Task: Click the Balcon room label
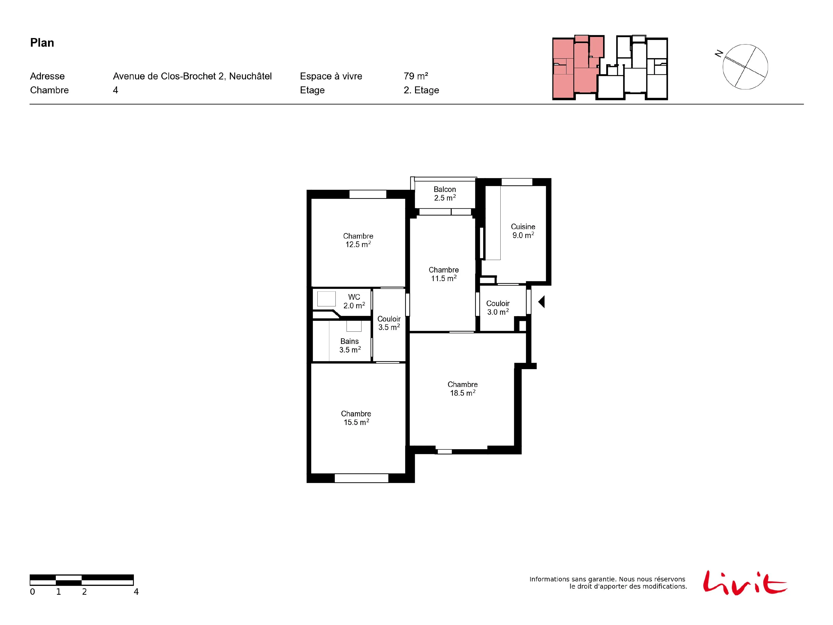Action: click(x=445, y=194)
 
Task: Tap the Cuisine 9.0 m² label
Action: click(x=523, y=231)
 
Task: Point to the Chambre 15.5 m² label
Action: click(x=356, y=418)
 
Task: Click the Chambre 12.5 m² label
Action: click(x=358, y=240)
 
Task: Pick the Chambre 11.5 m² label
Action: click(x=444, y=274)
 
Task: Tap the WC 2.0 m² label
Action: click(x=354, y=301)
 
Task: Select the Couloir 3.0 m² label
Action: click(x=498, y=308)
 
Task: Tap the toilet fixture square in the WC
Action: click(x=326, y=299)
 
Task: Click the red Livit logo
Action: click(x=744, y=583)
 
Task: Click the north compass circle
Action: click(x=745, y=67)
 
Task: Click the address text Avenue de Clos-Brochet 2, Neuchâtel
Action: click(x=192, y=76)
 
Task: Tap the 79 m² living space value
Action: click(x=416, y=76)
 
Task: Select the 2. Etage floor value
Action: click(x=421, y=90)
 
